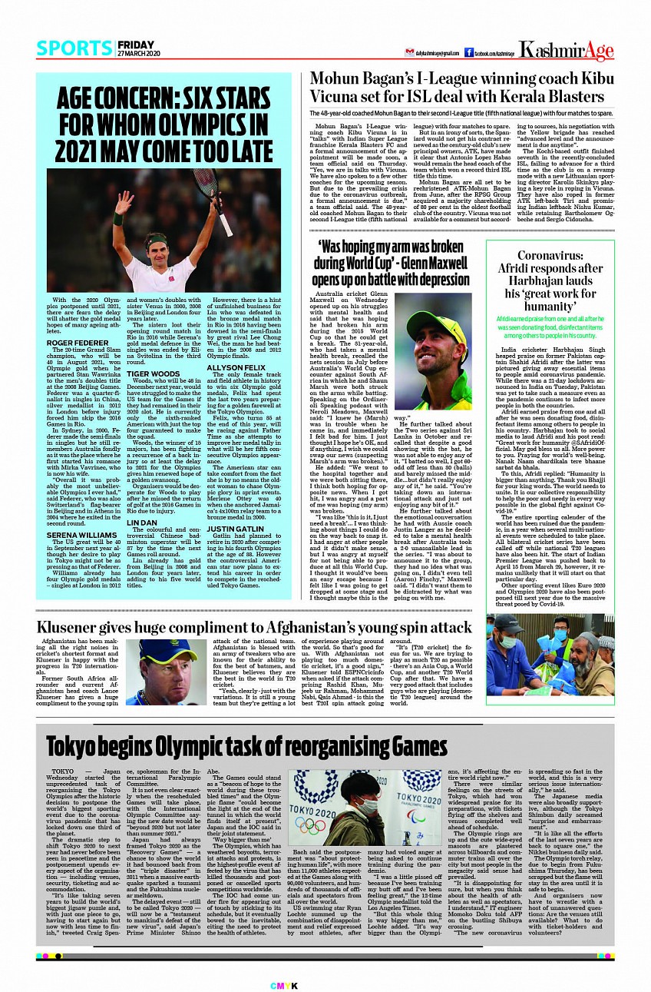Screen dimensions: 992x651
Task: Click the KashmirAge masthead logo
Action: click(x=567, y=51)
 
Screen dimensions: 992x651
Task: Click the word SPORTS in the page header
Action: click(x=74, y=48)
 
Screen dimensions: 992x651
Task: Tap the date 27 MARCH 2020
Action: click(x=138, y=53)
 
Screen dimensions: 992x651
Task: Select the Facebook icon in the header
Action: click(x=468, y=52)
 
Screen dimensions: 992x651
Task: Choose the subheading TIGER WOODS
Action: click(x=148, y=372)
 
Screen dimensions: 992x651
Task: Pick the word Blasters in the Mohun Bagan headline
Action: click(x=573, y=97)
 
